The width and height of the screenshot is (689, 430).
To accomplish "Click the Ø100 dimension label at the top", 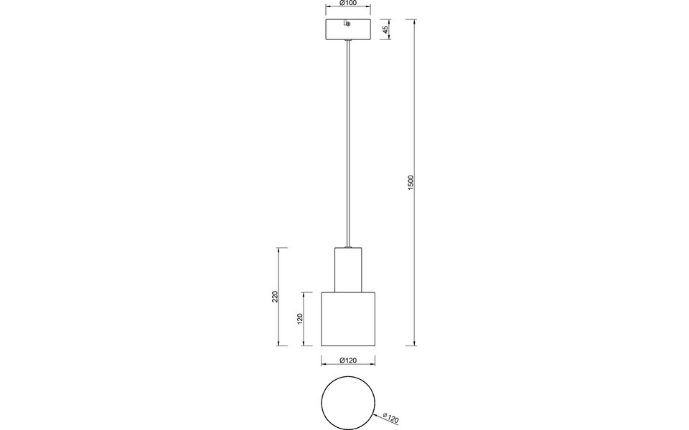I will pos(347,4).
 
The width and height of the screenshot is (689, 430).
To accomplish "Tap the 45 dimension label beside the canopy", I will pos(386,30).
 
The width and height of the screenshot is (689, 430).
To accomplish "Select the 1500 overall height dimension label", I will pos(411,182).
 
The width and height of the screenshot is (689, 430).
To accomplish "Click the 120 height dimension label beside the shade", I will pos(300,317).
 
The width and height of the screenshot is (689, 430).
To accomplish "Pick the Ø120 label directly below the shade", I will pos(347,361).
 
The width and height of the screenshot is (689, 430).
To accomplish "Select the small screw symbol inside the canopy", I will pos(348,24).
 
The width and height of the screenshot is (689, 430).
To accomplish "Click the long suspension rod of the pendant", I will pos(348,143).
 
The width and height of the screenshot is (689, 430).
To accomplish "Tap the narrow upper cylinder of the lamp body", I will pos(348,269).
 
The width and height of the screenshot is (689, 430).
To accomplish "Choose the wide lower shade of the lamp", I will pos(348,318).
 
